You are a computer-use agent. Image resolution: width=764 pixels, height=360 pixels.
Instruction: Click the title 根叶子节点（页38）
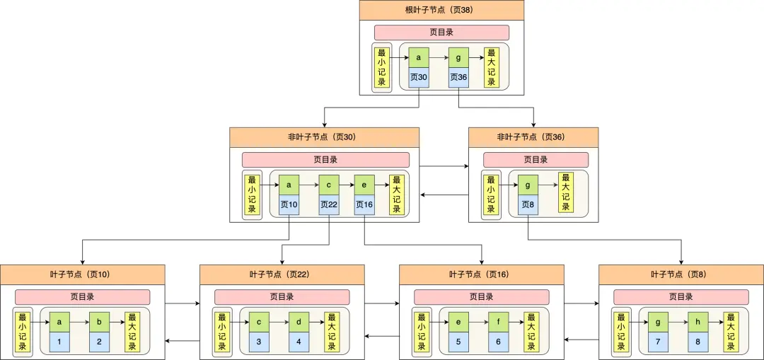pyautogui.click(x=441, y=10)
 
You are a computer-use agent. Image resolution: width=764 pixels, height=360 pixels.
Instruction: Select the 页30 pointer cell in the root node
pyautogui.click(x=419, y=78)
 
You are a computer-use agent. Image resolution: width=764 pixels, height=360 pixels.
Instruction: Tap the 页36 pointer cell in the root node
pyautogui.click(x=458, y=78)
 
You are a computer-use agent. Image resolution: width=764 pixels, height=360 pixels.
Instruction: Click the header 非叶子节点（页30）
pyautogui.click(x=324, y=137)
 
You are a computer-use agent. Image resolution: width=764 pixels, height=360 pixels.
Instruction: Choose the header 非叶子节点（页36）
pyautogui.click(x=533, y=137)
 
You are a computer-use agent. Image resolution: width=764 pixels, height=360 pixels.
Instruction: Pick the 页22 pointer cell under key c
pyautogui.click(x=329, y=204)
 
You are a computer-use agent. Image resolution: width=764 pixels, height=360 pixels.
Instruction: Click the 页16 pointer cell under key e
pyautogui.click(x=364, y=204)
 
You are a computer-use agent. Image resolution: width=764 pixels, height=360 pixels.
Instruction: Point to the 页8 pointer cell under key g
pyautogui.click(x=528, y=204)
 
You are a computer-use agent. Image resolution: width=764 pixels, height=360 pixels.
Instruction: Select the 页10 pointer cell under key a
pyautogui.click(x=289, y=204)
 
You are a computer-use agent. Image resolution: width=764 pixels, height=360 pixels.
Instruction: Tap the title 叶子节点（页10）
pyautogui.click(x=82, y=274)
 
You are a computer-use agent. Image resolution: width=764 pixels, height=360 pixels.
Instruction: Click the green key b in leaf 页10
pyautogui.click(x=100, y=322)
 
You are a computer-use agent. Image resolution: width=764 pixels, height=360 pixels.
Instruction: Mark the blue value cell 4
pyautogui.click(x=299, y=342)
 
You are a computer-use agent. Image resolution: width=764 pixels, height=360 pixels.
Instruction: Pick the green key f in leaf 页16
pyautogui.click(x=499, y=322)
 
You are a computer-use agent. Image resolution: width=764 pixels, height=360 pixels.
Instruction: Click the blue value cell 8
pyautogui.click(x=698, y=342)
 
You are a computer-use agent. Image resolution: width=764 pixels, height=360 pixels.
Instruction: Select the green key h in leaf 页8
pyautogui.click(x=698, y=322)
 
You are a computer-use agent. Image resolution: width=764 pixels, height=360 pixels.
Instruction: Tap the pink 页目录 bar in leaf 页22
pyautogui.click(x=282, y=297)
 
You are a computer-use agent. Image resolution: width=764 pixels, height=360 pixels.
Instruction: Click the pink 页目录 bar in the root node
pyautogui.click(x=441, y=33)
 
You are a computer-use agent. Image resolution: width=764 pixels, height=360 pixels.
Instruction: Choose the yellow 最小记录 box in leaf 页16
pyautogui.click(x=421, y=332)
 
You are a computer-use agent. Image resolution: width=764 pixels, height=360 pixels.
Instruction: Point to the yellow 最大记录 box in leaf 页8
pyautogui.click(x=731, y=332)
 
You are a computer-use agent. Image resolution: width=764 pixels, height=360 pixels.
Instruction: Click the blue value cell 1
pyautogui.click(x=60, y=342)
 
